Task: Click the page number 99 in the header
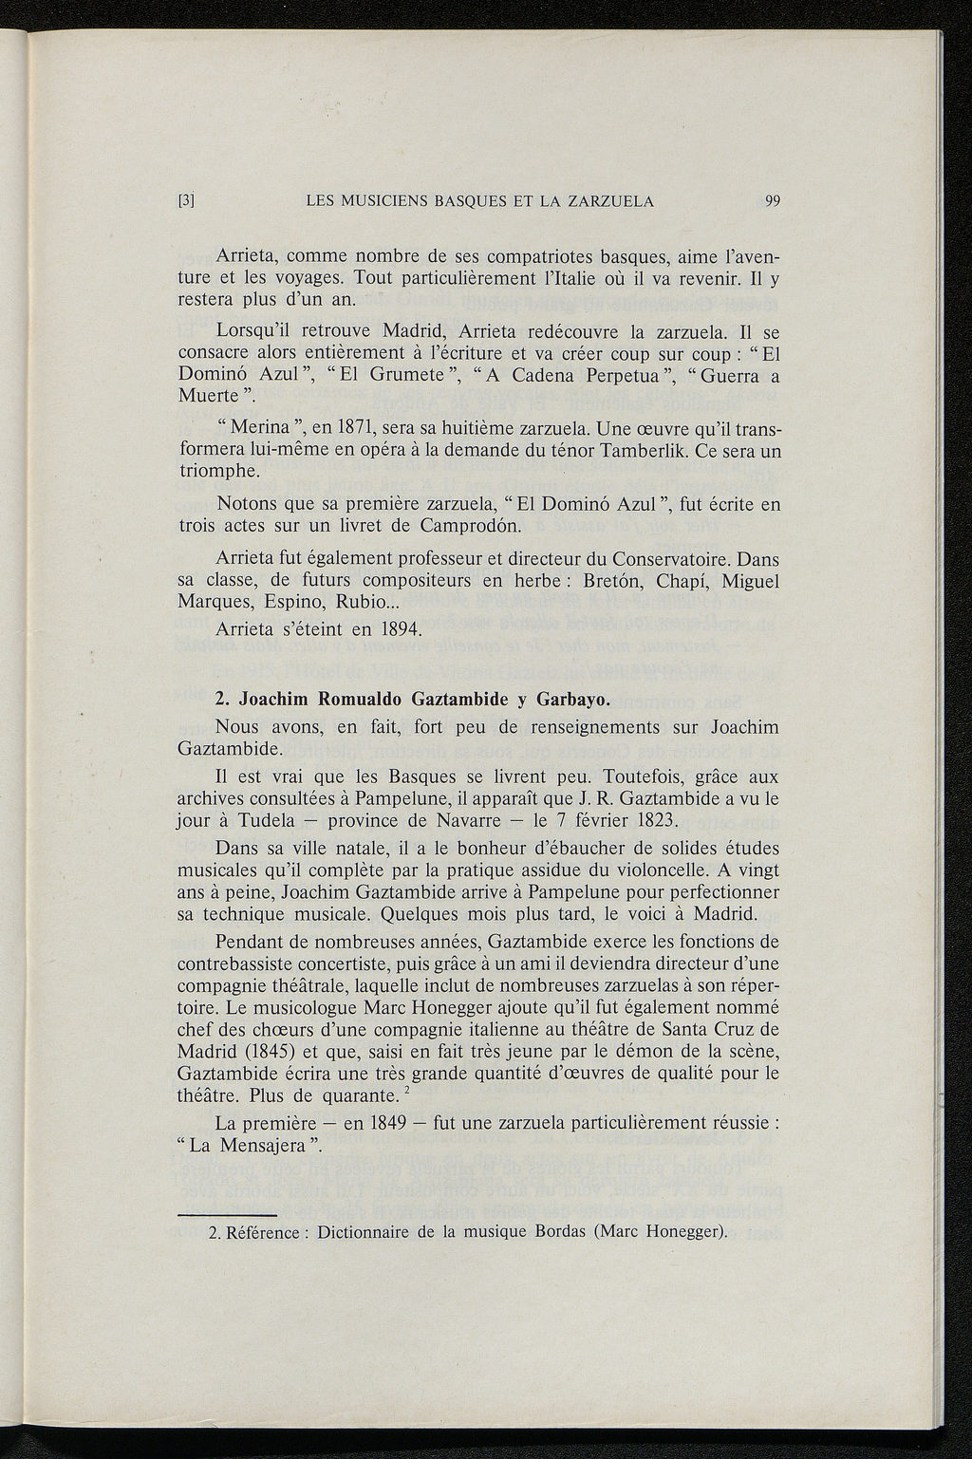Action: point(772,201)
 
